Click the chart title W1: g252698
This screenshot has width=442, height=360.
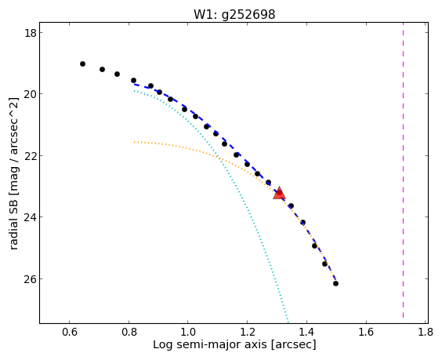tap(234, 14)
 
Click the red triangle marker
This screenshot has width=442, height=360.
tap(279, 193)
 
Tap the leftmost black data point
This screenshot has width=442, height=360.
tap(82, 64)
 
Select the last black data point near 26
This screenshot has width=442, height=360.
tap(335, 284)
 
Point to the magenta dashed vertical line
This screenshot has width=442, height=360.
tap(403, 173)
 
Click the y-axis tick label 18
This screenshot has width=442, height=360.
tap(30, 33)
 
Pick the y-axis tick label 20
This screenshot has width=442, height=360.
tap(30, 94)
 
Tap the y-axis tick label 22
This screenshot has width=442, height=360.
tap(30, 156)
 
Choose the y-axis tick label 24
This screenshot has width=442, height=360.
tap(30, 217)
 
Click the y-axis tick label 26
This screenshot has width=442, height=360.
tap(30, 279)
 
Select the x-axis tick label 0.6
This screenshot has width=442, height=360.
tap(70, 332)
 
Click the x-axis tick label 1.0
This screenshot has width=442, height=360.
tap(188, 332)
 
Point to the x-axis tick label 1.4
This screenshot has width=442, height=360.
tap(306, 332)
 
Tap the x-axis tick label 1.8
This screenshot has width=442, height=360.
tap(426, 332)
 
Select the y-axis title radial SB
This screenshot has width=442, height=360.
tap(13, 225)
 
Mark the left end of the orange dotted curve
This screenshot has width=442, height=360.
tap(135, 142)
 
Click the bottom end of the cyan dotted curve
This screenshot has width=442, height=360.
tap(288, 322)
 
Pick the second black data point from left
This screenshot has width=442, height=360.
tap(103, 69)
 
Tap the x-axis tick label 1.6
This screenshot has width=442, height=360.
tap(366, 332)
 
